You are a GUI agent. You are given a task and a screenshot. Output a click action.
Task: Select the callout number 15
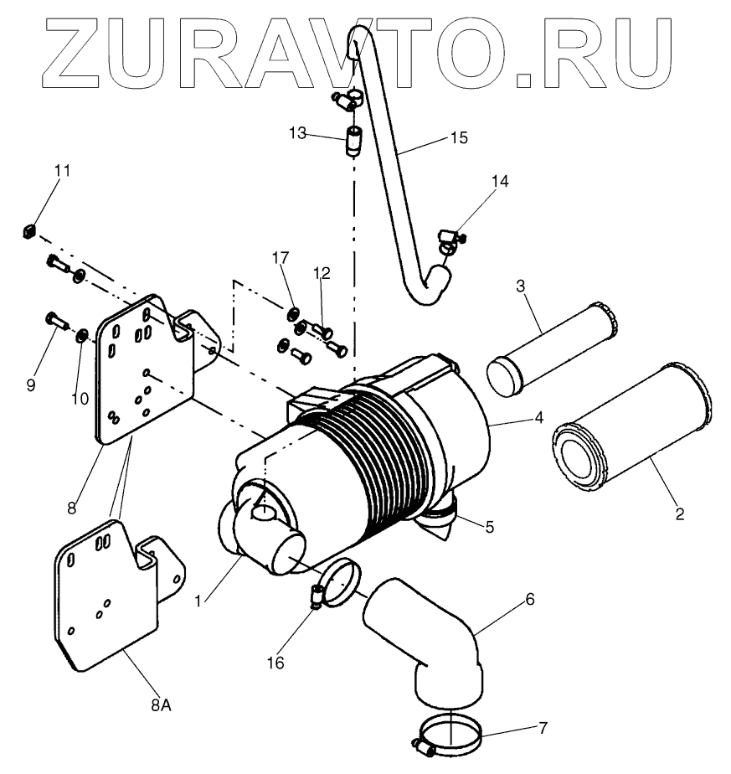(458, 137)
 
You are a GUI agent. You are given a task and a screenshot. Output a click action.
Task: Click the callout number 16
(275, 663)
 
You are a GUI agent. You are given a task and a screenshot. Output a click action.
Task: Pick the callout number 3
(520, 286)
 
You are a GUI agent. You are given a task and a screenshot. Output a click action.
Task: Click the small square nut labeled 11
(29, 229)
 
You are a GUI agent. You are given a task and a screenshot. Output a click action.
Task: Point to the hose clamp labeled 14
(448, 240)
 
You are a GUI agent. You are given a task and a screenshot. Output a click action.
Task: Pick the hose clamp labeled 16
(338, 583)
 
